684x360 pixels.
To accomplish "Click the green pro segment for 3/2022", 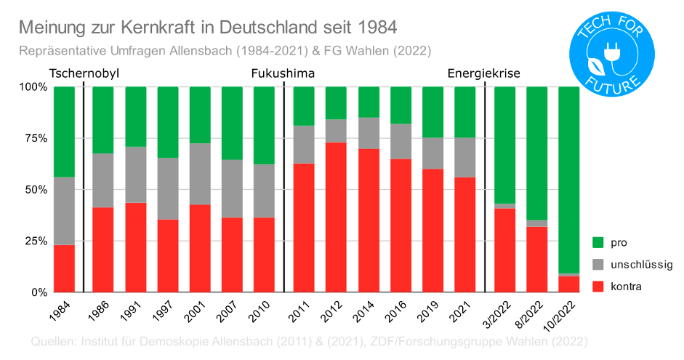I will point(504,145).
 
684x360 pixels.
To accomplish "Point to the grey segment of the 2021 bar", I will point(464,157).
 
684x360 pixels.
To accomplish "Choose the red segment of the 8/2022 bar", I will point(536,259).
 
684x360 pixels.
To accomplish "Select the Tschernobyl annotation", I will point(84,73).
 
